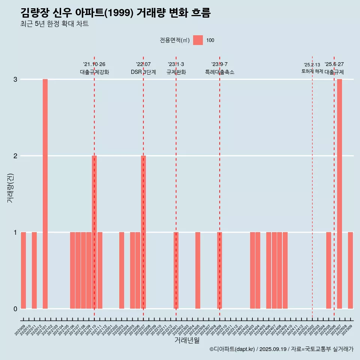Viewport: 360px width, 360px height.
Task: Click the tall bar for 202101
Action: [45, 193]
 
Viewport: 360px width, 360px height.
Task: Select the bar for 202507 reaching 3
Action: [339, 193]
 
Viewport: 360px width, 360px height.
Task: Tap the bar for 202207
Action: [143, 232]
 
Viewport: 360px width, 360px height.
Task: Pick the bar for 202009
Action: [23, 270]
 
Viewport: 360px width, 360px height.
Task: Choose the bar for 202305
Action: [198, 270]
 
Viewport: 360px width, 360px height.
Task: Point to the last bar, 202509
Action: [350, 270]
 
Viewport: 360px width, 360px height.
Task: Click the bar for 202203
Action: [121, 270]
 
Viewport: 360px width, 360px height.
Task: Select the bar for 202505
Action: [328, 270]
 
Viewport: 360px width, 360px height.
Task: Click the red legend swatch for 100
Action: [198, 40]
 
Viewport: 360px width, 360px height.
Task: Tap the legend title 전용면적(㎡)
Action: [174, 40]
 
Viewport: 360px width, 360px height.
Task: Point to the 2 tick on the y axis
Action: [15, 156]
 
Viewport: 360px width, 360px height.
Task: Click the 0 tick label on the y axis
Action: [15, 309]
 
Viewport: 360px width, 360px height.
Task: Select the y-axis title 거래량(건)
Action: [10, 187]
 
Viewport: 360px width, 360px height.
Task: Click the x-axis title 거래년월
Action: [187, 340]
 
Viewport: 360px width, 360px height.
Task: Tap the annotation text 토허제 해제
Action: [312, 71]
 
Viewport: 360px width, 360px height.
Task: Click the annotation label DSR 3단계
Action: [143, 72]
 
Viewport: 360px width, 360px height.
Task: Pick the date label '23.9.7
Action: [219, 64]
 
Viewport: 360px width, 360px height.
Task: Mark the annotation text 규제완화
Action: [176, 72]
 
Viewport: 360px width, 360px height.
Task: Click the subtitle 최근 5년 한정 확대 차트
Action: [55, 24]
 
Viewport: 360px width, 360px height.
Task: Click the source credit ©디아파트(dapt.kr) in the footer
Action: [232, 349]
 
